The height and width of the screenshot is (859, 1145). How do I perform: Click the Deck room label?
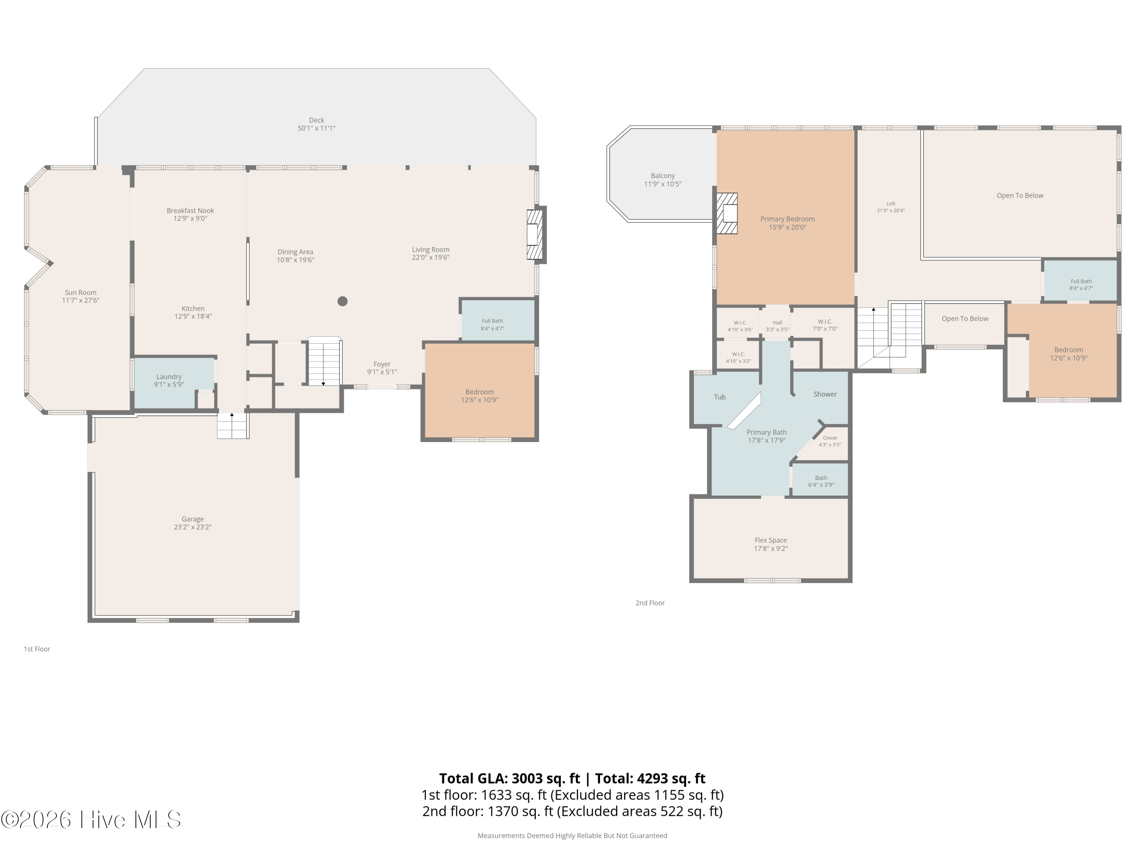(316, 120)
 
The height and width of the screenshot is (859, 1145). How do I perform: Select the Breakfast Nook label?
(190, 211)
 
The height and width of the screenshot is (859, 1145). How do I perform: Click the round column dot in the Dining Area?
(342, 301)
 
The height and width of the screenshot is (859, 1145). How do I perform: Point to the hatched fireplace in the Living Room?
(535, 234)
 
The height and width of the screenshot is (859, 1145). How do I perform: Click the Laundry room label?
(169, 377)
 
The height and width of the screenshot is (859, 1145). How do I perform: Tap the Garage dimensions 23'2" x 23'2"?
(193, 527)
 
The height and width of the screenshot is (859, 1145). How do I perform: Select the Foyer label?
(382, 364)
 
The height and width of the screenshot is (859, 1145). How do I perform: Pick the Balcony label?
(663, 176)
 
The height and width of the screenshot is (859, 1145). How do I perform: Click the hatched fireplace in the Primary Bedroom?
(727, 213)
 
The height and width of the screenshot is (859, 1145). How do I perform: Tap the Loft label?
(890, 203)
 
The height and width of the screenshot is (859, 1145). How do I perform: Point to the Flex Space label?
(770, 540)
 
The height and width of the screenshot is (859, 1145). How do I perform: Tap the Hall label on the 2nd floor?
(777, 323)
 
